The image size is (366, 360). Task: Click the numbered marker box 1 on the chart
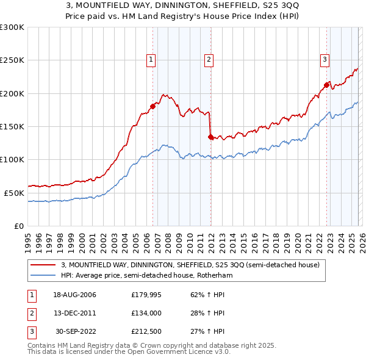tap(150, 60)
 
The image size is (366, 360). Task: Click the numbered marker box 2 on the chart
tap(209, 60)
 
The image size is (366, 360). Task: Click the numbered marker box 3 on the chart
tap(325, 60)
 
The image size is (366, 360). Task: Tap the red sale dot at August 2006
tap(152, 107)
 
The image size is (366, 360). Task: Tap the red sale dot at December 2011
tap(210, 137)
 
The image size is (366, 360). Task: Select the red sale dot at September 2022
tap(326, 85)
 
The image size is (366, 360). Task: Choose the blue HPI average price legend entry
tap(146, 276)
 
